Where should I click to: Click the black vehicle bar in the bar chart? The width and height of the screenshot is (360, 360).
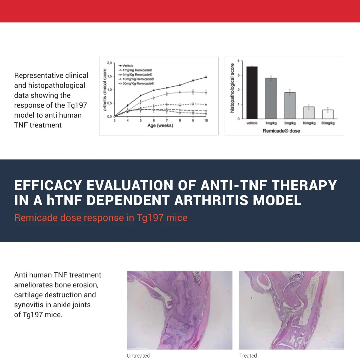click(x=252, y=93)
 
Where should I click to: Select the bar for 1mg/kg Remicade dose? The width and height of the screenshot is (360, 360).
click(x=271, y=98)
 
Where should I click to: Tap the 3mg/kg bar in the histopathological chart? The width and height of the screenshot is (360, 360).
click(x=290, y=106)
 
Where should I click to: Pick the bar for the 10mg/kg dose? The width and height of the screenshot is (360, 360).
click(x=309, y=113)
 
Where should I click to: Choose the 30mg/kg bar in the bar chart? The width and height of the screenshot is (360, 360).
click(x=328, y=114)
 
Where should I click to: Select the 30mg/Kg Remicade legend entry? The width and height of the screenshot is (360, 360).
click(x=136, y=84)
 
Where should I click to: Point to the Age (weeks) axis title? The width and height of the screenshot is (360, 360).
click(x=160, y=125)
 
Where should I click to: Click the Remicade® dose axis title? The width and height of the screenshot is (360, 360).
click(x=281, y=131)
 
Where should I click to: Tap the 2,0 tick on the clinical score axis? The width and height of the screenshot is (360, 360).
click(x=109, y=63)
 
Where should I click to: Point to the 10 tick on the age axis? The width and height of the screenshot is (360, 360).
click(x=206, y=121)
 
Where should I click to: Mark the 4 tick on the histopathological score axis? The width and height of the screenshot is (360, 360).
click(x=238, y=61)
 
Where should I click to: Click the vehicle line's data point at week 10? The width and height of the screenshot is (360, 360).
click(x=206, y=77)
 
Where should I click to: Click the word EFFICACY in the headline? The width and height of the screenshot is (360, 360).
click(x=48, y=185)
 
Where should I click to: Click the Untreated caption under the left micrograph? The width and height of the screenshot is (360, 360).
click(x=138, y=355)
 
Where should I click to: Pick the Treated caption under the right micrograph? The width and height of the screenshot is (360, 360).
click(x=248, y=355)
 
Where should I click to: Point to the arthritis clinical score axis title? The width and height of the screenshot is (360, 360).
click(x=105, y=90)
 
